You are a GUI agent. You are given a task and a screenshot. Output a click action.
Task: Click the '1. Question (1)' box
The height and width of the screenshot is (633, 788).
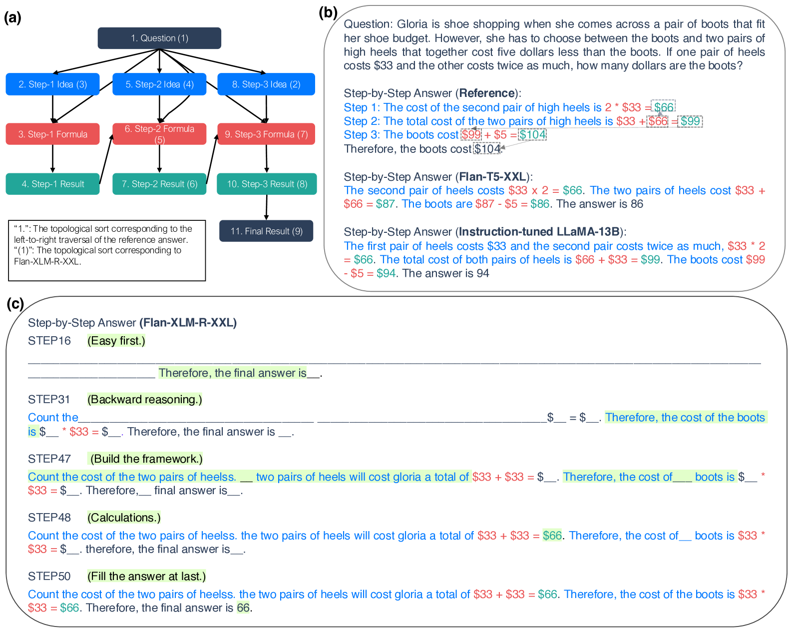point(159,38)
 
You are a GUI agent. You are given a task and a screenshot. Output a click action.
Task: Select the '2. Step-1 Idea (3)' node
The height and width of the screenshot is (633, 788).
point(52,84)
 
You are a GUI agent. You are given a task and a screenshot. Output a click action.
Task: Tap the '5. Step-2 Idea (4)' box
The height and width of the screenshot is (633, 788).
point(159,84)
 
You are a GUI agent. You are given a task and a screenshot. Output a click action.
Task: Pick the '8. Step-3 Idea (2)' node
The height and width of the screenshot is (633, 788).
point(266,84)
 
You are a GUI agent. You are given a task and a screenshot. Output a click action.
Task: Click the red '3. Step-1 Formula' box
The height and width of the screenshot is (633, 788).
point(52,134)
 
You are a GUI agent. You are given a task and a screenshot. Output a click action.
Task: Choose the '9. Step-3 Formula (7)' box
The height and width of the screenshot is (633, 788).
point(266,134)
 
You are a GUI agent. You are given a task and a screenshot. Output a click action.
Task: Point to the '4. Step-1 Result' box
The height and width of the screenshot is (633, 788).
point(52,184)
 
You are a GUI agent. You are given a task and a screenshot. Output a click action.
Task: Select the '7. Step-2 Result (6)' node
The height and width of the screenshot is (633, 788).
point(159,184)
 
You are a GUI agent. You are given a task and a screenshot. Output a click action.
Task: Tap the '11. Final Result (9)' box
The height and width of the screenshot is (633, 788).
point(266,231)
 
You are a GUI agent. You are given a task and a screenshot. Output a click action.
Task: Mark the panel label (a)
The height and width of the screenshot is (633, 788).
point(12,18)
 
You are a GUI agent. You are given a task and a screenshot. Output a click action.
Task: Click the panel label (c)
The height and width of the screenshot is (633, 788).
point(15,304)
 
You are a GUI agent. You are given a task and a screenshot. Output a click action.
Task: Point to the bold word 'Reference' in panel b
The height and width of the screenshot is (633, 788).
point(487,93)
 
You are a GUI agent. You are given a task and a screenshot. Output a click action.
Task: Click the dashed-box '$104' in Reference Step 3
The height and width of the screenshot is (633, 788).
point(532,134)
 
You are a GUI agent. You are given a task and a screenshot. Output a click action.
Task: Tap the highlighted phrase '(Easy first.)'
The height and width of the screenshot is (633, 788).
point(116,341)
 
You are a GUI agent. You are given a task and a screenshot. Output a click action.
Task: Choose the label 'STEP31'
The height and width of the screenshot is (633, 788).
point(49,400)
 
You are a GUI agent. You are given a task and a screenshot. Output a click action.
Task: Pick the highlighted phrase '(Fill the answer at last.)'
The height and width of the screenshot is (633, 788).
point(146,576)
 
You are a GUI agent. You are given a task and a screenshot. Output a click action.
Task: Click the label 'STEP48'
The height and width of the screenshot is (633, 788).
point(49,518)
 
